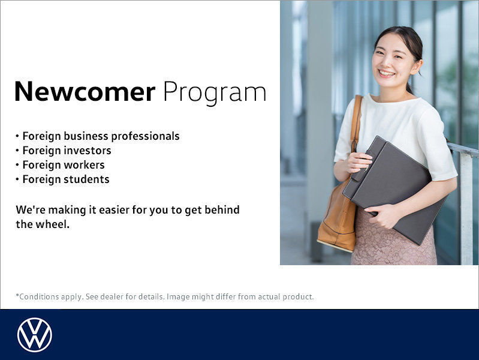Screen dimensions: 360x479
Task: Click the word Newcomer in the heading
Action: click(x=85, y=92)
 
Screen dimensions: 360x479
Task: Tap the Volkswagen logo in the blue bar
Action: click(x=34, y=335)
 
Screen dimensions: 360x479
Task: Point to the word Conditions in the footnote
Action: click(x=38, y=296)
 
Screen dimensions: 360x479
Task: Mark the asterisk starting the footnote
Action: click(x=17, y=295)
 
